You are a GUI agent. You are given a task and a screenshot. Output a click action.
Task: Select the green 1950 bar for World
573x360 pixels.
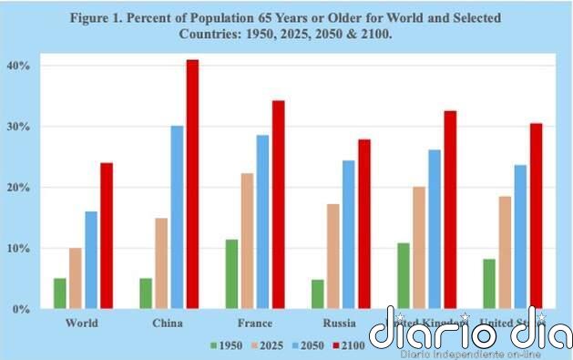point(59,293)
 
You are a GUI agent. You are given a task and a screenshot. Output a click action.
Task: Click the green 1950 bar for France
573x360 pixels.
point(231,273)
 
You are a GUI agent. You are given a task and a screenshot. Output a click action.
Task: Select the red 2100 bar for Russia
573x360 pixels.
point(364,224)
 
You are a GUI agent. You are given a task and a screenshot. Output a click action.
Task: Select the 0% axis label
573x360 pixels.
point(22,309)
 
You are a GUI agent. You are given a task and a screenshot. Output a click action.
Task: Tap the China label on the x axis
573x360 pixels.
point(169,323)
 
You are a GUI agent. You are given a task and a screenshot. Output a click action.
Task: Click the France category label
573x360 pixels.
point(255,323)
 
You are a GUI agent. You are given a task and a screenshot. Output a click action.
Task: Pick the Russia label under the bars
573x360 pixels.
point(341,323)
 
